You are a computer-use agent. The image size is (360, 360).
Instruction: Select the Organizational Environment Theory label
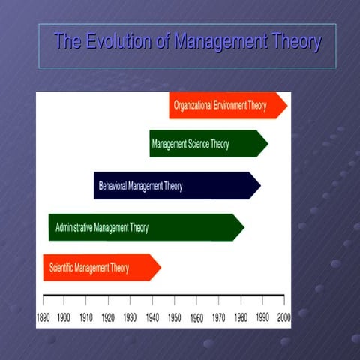pyautogui.click(x=220, y=106)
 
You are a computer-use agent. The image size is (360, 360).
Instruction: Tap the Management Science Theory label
pyautogui.click(x=190, y=144)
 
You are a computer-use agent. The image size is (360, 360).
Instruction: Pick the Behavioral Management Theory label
pyautogui.click(x=140, y=185)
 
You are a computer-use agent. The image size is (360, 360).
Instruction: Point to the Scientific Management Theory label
pyautogui.click(x=89, y=268)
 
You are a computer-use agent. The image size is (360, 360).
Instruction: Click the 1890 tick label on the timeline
pyautogui.click(x=44, y=318)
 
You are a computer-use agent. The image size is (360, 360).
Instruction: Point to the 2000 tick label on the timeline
pyautogui.click(x=283, y=318)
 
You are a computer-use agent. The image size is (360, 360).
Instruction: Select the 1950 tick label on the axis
pyautogui.click(x=175, y=318)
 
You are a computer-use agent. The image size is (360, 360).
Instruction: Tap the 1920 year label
pyautogui.click(x=109, y=318)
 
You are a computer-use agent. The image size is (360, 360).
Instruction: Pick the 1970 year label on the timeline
pyautogui.click(x=218, y=318)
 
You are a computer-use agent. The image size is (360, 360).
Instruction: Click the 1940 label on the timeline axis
pyautogui.click(x=152, y=318)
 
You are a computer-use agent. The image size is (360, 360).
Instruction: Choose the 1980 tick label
pyautogui.click(x=240, y=318)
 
